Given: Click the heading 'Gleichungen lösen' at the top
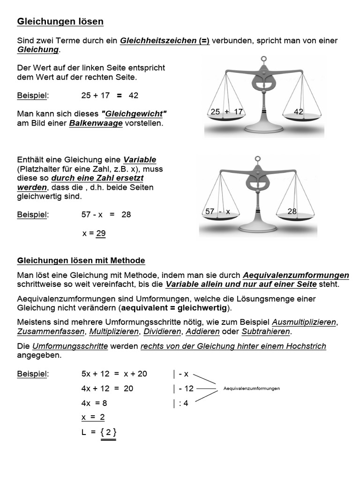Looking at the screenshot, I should pos(60,22).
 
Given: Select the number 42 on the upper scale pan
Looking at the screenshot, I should pos(299,112).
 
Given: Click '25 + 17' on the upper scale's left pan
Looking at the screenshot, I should pos(227,112).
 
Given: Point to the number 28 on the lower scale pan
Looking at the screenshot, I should pos(292,211).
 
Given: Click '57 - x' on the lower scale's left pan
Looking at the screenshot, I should pos(218,211).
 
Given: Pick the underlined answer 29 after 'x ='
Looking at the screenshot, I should pos(101,233).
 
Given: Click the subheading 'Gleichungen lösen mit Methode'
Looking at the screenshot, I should pos(81,261).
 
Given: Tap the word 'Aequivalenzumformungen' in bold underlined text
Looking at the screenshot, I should pos(296,275).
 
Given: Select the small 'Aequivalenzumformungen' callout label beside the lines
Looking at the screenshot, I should pos(252,389).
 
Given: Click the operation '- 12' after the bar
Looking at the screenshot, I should pos(186,388).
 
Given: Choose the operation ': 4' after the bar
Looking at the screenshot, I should pos(183,403).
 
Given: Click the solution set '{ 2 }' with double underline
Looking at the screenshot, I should pos(108,432).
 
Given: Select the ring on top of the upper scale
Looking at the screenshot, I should pos(264,59).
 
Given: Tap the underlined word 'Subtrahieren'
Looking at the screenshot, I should pos(266,332).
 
